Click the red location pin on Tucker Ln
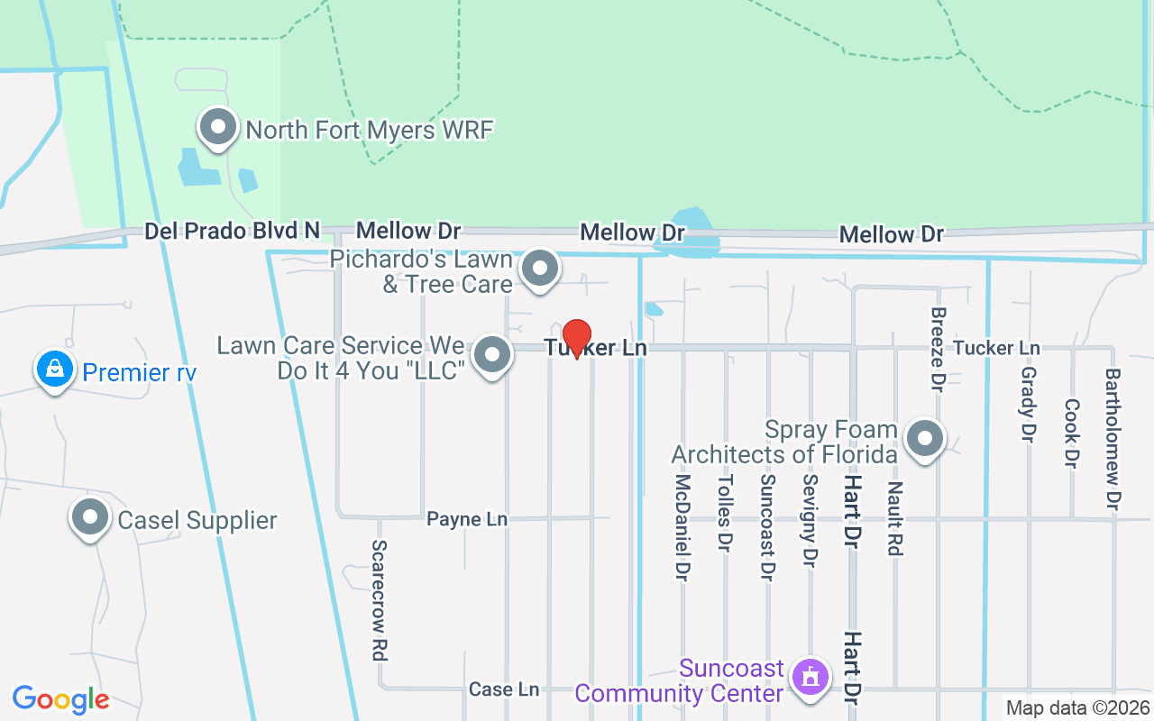[576, 338]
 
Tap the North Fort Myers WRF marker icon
[217, 128]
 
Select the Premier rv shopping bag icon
[55, 370]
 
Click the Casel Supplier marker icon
[90, 518]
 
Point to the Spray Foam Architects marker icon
[924, 440]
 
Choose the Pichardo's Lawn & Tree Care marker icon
[541, 269]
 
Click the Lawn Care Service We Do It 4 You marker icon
[492, 355]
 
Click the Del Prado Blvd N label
[233, 232]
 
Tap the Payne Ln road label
[467, 520]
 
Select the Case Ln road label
[504, 689]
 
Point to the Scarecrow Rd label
[380, 601]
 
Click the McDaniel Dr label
[682, 527]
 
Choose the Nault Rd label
[894, 518]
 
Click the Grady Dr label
[1028, 404]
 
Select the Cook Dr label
[1071, 434]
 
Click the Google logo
[60, 699]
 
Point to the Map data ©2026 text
[1077, 707]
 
